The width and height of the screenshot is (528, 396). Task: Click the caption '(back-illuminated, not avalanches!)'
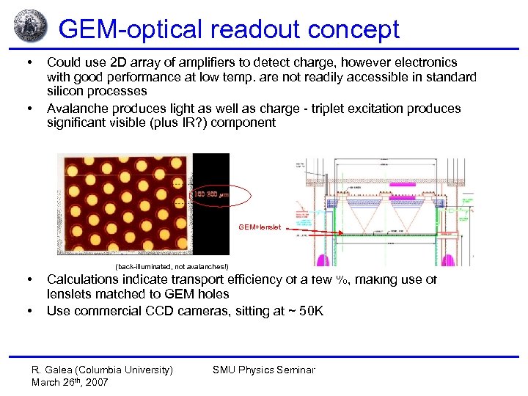pyautogui.click(x=172, y=266)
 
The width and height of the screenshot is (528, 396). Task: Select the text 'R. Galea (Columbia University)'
pyautogui.click(x=103, y=370)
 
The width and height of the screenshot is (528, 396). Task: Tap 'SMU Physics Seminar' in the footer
pyautogui.click(x=263, y=370)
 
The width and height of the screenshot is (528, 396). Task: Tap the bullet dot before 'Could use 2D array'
pyautogui.click(x=29, y=62)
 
